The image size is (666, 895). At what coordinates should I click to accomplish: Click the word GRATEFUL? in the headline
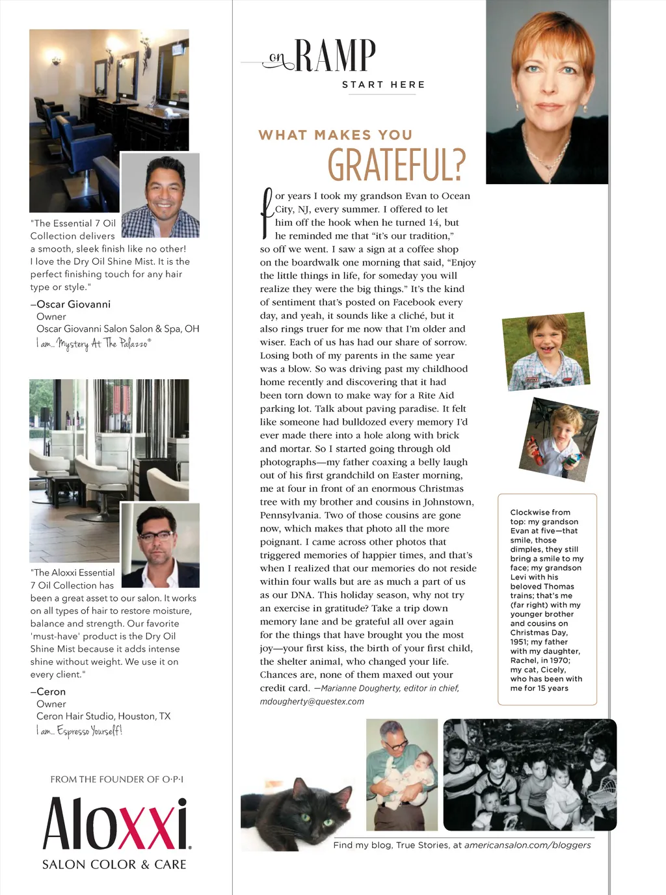pos(396,164)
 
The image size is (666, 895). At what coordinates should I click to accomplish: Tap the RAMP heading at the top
pos(335,56)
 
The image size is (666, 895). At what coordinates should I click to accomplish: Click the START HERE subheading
pos(383,85)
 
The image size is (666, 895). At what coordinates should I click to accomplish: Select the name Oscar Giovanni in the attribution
pos(73,304)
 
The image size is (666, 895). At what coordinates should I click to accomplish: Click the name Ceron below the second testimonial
pos(51,692)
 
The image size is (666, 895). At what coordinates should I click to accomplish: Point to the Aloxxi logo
pos(116,824)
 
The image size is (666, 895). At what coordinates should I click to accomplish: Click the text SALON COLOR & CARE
pos(114,864)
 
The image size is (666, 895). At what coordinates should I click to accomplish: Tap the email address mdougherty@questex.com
pos(312,702)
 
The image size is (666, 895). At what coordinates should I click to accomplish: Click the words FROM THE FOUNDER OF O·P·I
pos(117,779)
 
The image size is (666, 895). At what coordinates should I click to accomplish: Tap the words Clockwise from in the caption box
pos(540,513)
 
